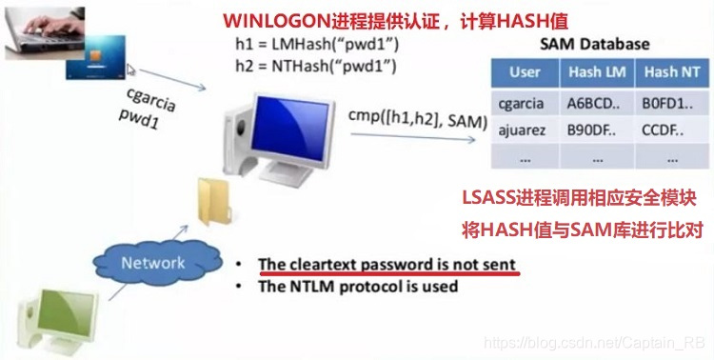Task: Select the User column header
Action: click(x=525, y=72)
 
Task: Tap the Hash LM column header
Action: click(x=592, y=72)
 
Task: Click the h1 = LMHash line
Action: click(x=302, y=46)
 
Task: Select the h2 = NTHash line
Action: click(x=302, y=67)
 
